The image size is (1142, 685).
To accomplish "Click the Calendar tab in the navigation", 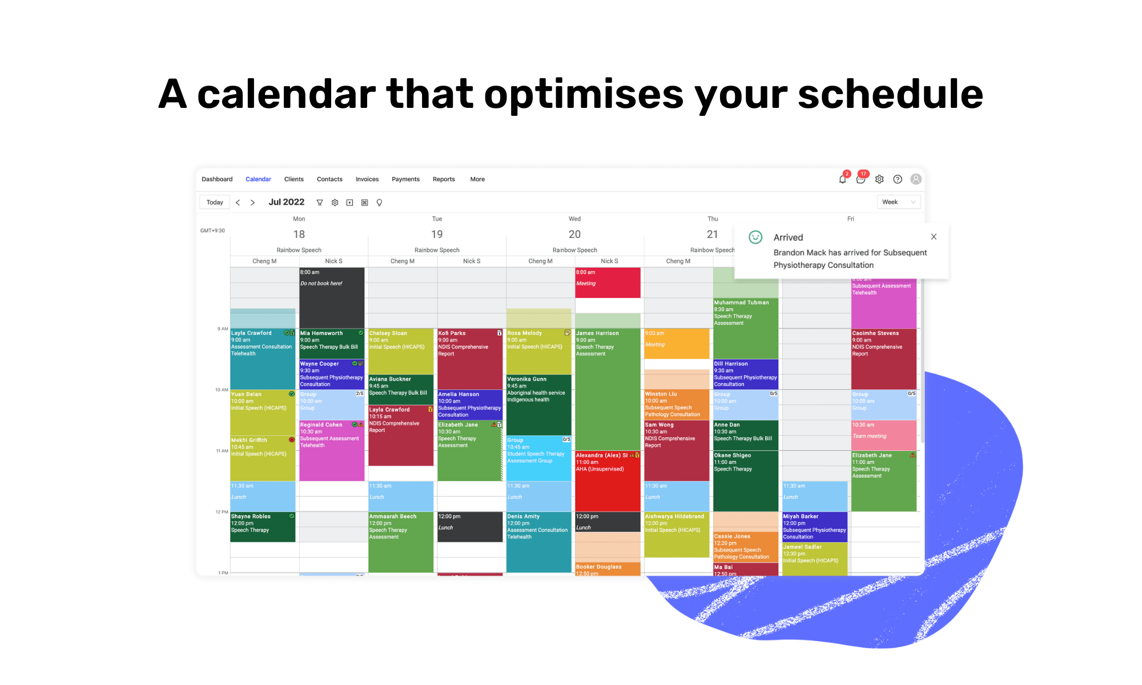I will (258, 179).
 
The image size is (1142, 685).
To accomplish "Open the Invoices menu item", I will (367, 179).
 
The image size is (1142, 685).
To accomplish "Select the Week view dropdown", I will (898, 202).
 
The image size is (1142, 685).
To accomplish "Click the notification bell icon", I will (842, 179).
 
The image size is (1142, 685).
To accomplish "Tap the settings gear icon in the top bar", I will (879, 179).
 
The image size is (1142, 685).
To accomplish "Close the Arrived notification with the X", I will (934, 237).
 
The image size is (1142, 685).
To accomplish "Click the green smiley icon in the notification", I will (755, 237).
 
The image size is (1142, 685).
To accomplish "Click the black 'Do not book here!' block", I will (332, 297).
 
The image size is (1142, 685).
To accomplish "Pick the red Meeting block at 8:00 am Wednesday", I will (608, 283).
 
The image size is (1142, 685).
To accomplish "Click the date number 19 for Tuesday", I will (437, 234).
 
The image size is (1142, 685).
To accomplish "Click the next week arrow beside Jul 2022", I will (252, 203).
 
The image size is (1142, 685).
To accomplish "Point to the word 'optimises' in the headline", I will (583, 94).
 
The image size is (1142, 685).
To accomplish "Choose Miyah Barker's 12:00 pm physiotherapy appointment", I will (814, 526).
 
